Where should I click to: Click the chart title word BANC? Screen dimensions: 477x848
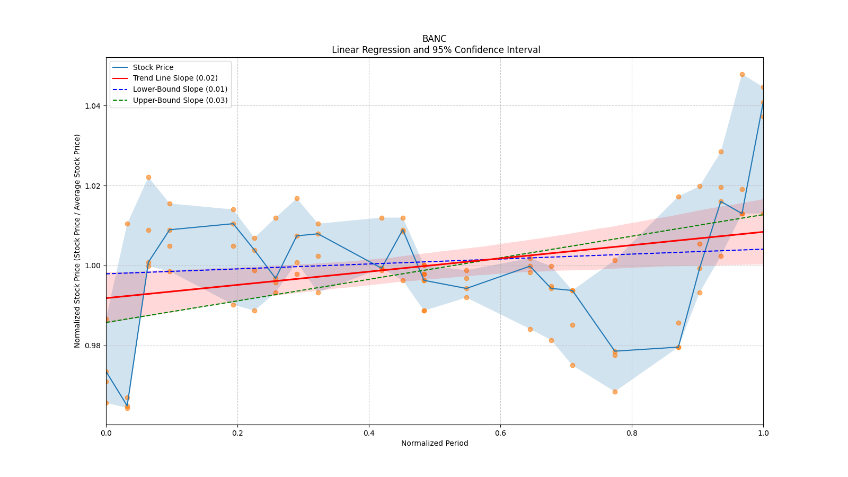[434, 39]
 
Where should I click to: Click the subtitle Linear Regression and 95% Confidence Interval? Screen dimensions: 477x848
[436, 50]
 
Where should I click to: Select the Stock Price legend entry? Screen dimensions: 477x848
[153, 67]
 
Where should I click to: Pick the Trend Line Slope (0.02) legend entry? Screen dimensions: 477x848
[175, 78]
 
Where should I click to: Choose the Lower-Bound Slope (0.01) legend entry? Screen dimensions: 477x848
[180, 89]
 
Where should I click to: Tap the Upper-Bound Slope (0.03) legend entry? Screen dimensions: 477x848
[180, 100]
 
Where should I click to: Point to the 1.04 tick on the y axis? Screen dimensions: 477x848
[93, 106]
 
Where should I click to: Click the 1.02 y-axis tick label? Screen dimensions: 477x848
[93, 186]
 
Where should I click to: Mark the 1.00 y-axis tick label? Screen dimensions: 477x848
[93, 266]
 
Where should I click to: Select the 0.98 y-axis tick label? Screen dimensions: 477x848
[93, 346]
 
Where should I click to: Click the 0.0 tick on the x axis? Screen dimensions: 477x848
[106, 433]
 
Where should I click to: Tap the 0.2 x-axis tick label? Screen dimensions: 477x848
[237, 433]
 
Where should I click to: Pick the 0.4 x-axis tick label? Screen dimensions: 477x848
[369, 433]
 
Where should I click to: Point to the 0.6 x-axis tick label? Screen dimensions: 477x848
[500, 433]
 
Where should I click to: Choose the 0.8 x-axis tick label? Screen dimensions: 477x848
[632, 433]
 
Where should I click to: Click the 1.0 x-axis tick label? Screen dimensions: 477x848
[763, 433]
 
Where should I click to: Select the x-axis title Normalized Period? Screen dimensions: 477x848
[435, 443]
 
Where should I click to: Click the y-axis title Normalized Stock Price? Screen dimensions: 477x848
[77, 241]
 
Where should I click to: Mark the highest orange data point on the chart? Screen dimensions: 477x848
[742, 75]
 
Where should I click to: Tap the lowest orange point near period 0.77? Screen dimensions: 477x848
[615, 392]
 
